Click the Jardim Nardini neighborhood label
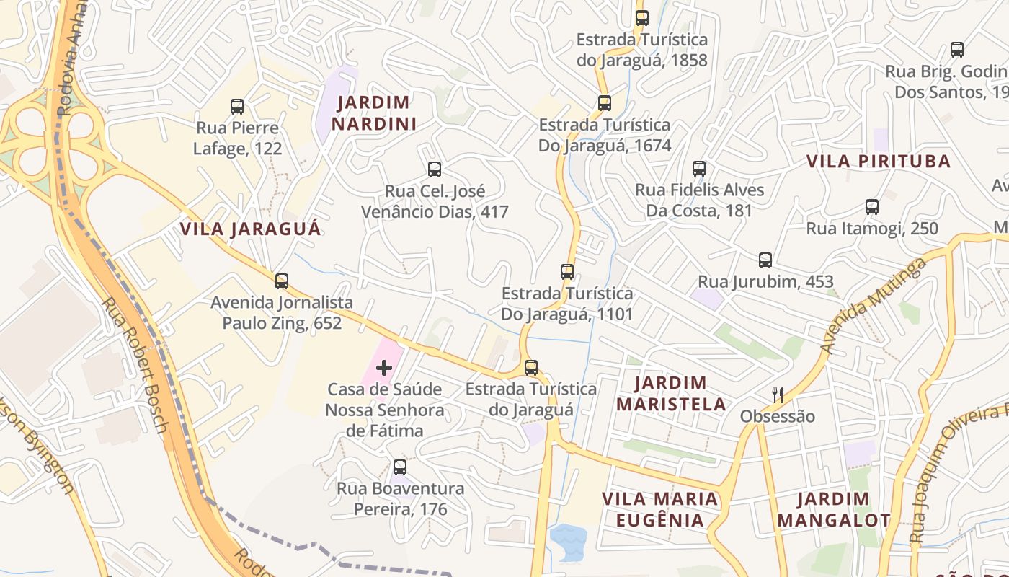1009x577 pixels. point(374,113)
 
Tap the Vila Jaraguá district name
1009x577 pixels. point(250,229)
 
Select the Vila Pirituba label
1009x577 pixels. point(878,162)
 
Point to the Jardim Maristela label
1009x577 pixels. point(671,393)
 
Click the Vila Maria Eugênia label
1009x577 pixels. point(660,509)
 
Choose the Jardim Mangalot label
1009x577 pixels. point(834,509)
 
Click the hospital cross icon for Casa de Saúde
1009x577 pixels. point(384,369)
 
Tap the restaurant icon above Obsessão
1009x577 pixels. point(777,395)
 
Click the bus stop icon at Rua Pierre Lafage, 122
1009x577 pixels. point(237,107)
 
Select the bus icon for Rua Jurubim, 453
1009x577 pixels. point(765,260)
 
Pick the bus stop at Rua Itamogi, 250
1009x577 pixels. point(872,207)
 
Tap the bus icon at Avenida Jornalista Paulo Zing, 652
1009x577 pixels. point(282,281)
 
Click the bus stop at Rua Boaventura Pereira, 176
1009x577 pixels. point(400,467)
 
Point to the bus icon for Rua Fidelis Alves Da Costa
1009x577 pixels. point(699,169)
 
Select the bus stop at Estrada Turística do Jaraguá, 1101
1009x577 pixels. point(567,272)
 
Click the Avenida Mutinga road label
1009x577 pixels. point(873,307)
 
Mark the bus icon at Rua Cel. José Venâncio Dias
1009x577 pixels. point(435,169)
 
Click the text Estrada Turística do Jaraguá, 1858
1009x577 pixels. point(641,50)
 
